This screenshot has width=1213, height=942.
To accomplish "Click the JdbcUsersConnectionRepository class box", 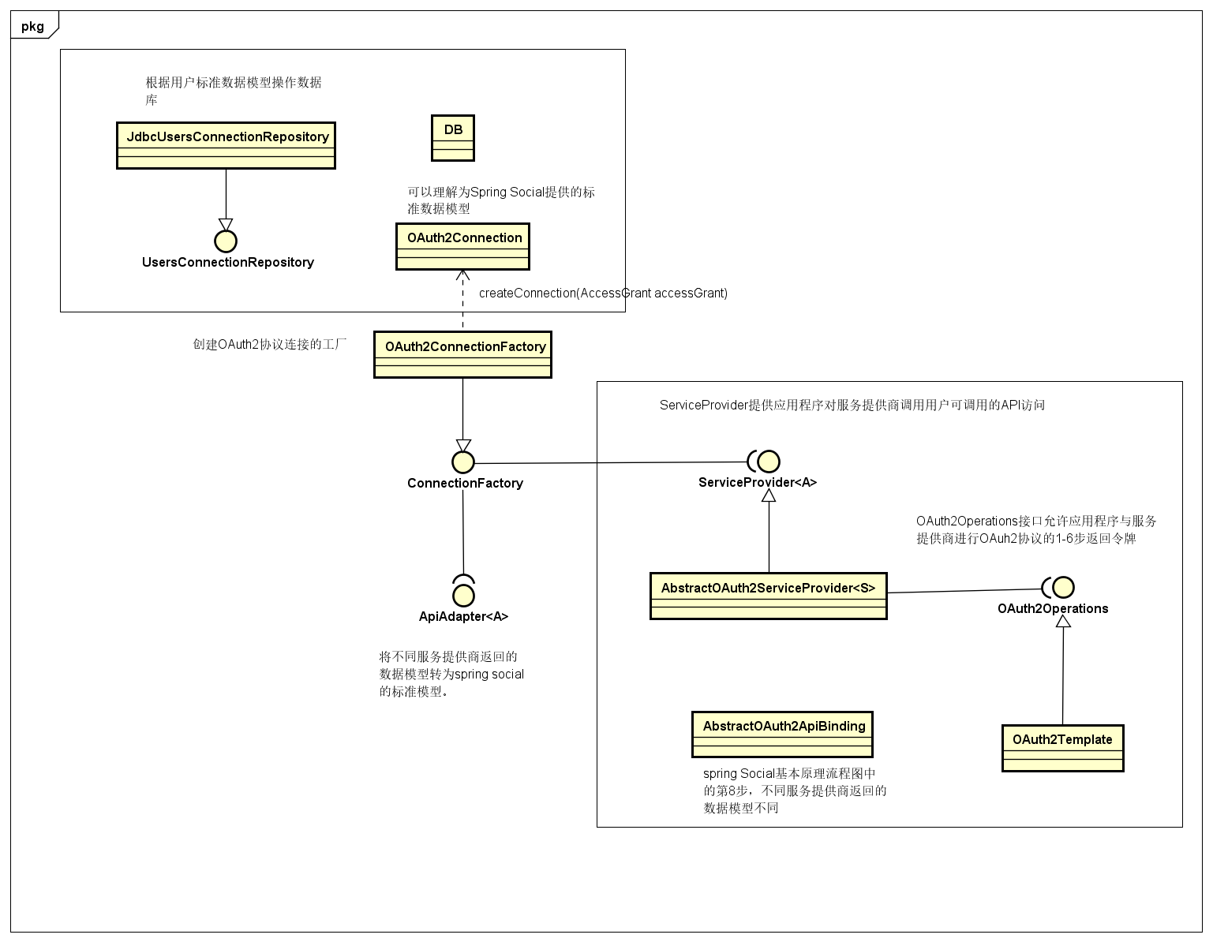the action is click(x=226, y=145).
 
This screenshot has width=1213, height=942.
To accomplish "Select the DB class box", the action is click(x=453, y=138).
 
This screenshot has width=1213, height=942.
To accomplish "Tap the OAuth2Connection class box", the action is click(x=462, y=246).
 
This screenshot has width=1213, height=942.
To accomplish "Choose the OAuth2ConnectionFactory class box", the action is click(x=462, y=354).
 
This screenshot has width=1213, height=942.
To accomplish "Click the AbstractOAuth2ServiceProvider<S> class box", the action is click(x=768, y=596).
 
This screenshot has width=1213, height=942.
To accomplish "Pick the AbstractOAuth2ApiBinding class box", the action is click(x=782, y=734).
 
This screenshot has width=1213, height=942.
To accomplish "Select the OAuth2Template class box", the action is click(x=1062, y=748).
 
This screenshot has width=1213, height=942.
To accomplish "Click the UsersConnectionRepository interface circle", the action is click(x=226, y=241).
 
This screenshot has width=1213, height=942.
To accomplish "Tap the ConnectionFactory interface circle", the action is click(x=462, y=462).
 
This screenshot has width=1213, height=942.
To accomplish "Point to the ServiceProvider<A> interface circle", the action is click(x=769, y=461).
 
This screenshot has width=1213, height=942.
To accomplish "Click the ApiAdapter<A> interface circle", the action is click(x=463, y=596).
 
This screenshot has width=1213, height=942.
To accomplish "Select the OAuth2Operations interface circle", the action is click(x=1063, y=587).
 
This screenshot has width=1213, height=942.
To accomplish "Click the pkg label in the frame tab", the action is click(x=32, y=26).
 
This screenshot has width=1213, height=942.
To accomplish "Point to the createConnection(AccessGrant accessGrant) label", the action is click(x=603, y=293).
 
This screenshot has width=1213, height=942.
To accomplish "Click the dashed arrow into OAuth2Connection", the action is click(x=462, y=301).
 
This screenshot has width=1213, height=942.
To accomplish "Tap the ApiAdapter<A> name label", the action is click(x=463, y=616).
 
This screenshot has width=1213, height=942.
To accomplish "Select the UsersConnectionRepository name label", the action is click(x=228, y=262).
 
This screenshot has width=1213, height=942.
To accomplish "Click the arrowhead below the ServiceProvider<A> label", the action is click(x=769, y=495).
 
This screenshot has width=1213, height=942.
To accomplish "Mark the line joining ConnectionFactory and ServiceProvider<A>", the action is click(x=611, y=462).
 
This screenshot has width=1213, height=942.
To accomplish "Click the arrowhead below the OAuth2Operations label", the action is click(x=1063, y=621).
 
